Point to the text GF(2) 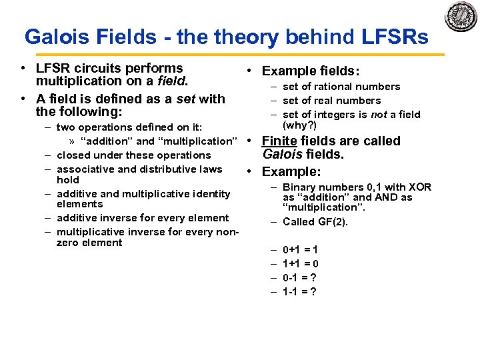pyautogui.click(x=332, y=222)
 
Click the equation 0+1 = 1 pyautogui.click(x=300, y=250)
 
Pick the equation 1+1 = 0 pyautogui.click(x=300, y=263)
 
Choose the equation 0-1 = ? pyautogui.click(x=299, y=277)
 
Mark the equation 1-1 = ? pyautogui.click(x=299, y=291)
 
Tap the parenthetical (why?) pyautogui.click(x=300, y=125)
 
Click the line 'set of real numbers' pyautogui.click(x=331, y=101)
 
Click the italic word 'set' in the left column pyautogui.click(x=186, y=99)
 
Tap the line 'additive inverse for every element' pyautogui.click(x=143, y=218)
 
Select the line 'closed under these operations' pyautogui.click(x=133, y=155)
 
